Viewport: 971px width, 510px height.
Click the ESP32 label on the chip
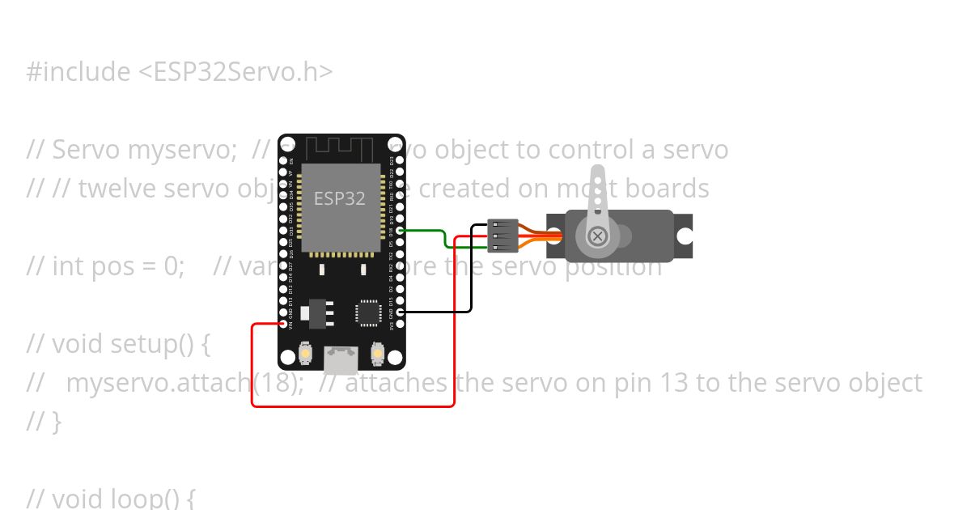point(340,198)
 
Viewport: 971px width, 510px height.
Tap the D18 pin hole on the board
point(400,231)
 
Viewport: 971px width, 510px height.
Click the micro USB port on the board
point(341,356)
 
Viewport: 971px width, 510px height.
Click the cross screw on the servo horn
point(597,236)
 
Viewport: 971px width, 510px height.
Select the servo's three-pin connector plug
point(502,235)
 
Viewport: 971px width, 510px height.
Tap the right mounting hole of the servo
point(685,236)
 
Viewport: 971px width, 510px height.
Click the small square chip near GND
point(368,312)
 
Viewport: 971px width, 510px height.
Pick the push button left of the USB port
point(307,354)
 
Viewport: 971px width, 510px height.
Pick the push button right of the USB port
point(376,354)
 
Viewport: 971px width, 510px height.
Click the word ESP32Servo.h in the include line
point(243,72)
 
